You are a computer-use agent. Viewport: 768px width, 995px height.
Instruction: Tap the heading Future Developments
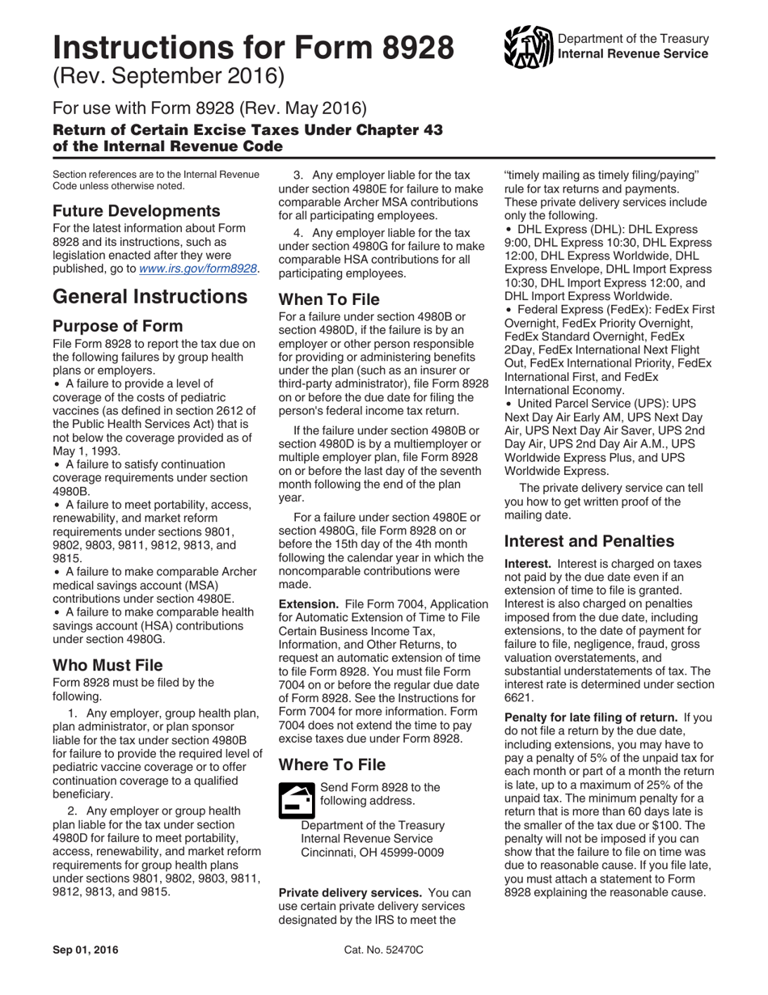[136, 211]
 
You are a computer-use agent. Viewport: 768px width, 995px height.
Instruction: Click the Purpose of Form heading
[117, 327]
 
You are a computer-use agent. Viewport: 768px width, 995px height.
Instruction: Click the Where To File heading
[332, 764]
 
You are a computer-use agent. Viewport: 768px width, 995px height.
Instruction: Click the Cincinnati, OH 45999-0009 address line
[372, 853]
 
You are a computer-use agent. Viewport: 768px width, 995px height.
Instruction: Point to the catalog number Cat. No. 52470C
[383, 950]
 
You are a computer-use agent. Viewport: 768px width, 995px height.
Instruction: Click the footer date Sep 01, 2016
[85, 950]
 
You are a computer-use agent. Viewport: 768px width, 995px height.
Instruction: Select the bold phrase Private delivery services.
[349, 892]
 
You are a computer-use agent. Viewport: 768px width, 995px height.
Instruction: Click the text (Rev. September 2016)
[169, 77]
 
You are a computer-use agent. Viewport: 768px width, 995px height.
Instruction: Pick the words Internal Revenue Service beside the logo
[633, 54]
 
